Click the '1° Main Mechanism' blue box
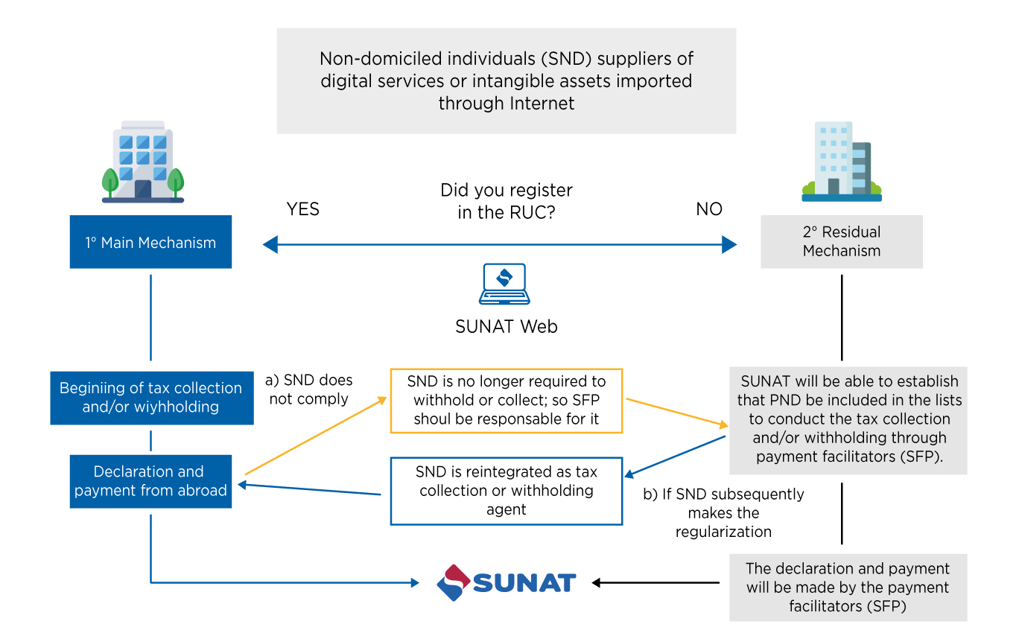click(x=150, y=242)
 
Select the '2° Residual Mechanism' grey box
click(x=841, y=241)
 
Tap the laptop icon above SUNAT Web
click(x=504, y=284)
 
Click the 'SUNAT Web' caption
click(x=506, y=326)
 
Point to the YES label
click(x=302, y=209)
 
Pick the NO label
click(x=708, y=209)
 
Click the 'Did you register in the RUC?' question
click(x=507, y=201)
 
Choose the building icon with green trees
click(x=143, y=162)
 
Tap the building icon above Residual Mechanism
click(x=841, y=162)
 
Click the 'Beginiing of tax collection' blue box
click(x=151, y=397)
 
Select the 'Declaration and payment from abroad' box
click(x=150, y=481)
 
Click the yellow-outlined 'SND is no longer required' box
click(x=506, y=400)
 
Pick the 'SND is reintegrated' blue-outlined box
click(x=506, y=491)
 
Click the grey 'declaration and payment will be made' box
click(x=848, y=587)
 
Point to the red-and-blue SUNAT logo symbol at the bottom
click(x=454, y=582)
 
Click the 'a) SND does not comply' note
click(x=308, y=389)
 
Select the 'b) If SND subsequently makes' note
click(x=723, y=512)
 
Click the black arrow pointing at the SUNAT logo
click(x=655, y=582)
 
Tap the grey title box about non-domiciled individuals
click(x=507, y=80)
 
